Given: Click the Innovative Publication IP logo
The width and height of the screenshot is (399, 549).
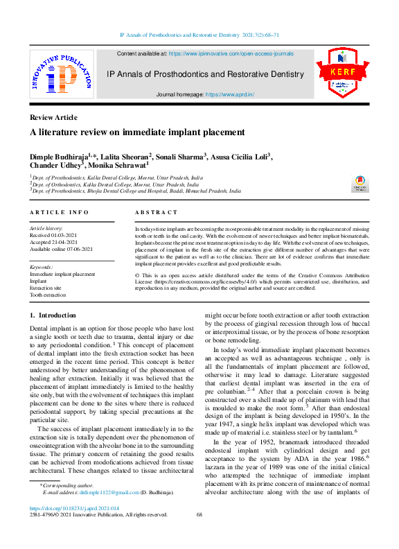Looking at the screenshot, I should coord(61,78).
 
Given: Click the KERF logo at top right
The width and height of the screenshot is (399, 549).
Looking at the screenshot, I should coord(338,78).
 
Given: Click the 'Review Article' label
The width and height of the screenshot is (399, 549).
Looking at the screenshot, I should coord(53,117).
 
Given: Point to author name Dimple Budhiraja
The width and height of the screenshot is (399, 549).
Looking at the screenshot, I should coord(58,157).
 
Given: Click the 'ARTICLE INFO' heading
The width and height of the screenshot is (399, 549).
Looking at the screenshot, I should coord(59,212).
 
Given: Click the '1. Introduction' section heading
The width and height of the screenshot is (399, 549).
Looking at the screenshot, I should coord(53,315).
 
